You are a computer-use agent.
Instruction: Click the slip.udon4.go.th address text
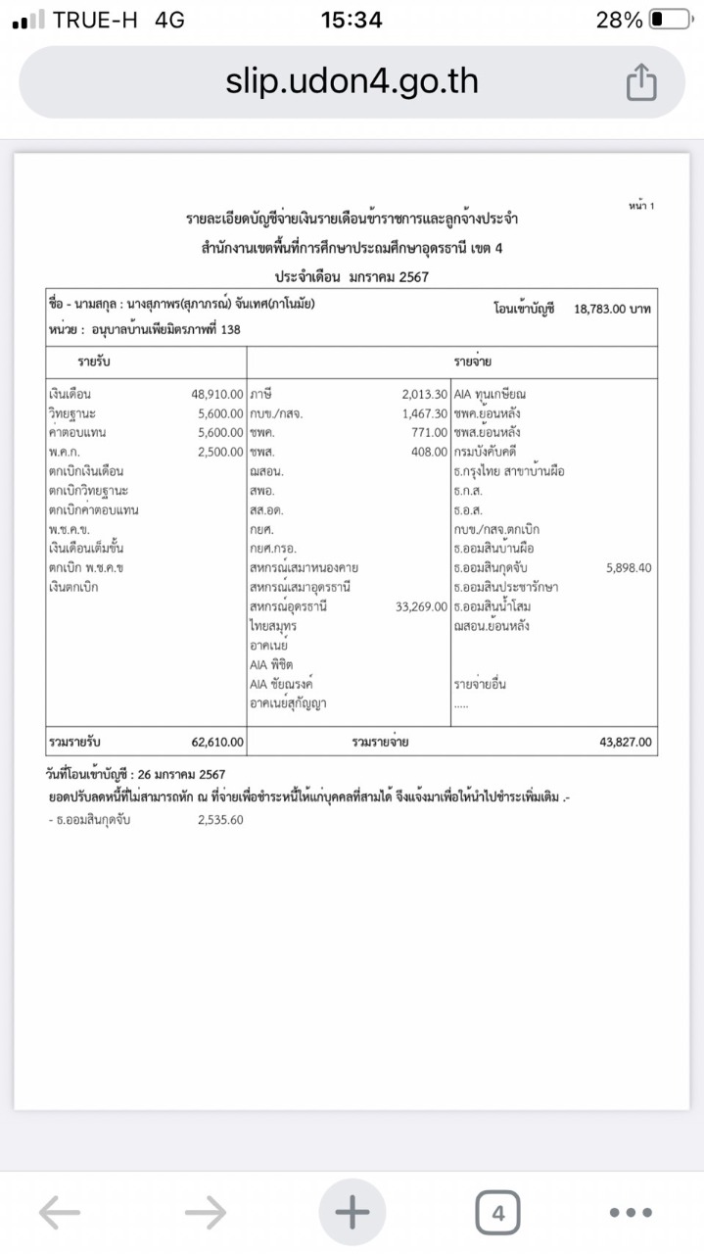(x=352, y=81)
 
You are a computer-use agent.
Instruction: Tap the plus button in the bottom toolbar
(x=352, y=1214)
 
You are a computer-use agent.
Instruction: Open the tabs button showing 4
(x=497, y=1214)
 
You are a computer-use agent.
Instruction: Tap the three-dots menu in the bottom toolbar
(x=630, y=1214)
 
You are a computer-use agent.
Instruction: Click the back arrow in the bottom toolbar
(x=60, y=1214)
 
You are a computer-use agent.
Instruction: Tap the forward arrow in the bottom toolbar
(x=205, y=1214)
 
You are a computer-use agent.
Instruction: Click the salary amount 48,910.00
(x=216, y=394)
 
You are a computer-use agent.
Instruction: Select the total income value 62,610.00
(x=217, y=742)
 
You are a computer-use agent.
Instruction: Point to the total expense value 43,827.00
(x=625, y=742)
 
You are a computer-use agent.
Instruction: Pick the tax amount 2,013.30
(x=424, y=394)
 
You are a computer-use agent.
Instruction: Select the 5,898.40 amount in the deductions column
(x=629, y=567)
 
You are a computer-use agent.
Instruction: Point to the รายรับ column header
(x=94, y=362)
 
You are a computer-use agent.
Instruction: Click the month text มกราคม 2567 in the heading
(x=389, y=277)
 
